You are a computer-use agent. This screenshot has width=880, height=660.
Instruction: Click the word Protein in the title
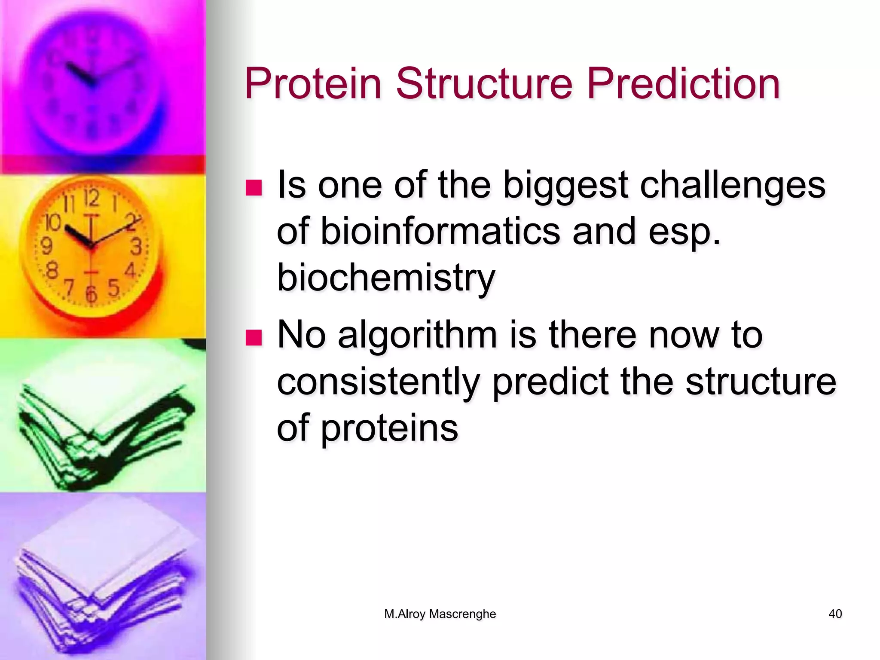[313, 84]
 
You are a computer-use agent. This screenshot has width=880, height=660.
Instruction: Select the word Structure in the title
[484, 84]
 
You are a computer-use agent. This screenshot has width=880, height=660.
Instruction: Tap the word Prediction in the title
[683, 84]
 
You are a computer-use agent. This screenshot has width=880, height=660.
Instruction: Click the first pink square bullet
[254, 188]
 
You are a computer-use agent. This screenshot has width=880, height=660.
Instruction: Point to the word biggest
[565, 186]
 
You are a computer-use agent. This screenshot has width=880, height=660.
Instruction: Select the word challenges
[732, 186]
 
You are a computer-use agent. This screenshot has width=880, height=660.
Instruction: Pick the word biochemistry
[386, 278]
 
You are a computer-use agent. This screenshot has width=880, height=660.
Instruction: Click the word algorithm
[417, 336]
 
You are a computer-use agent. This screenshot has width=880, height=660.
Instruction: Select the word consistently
[378, 382]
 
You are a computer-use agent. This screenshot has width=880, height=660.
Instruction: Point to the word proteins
[389, 429]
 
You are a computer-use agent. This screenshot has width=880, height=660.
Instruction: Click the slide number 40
[835, 614]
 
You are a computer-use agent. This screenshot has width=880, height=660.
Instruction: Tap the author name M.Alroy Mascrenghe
[440, 614]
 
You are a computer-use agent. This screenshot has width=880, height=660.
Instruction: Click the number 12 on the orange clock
[92, 199]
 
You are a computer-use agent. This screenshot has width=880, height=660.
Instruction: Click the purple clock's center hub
[92, 82]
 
